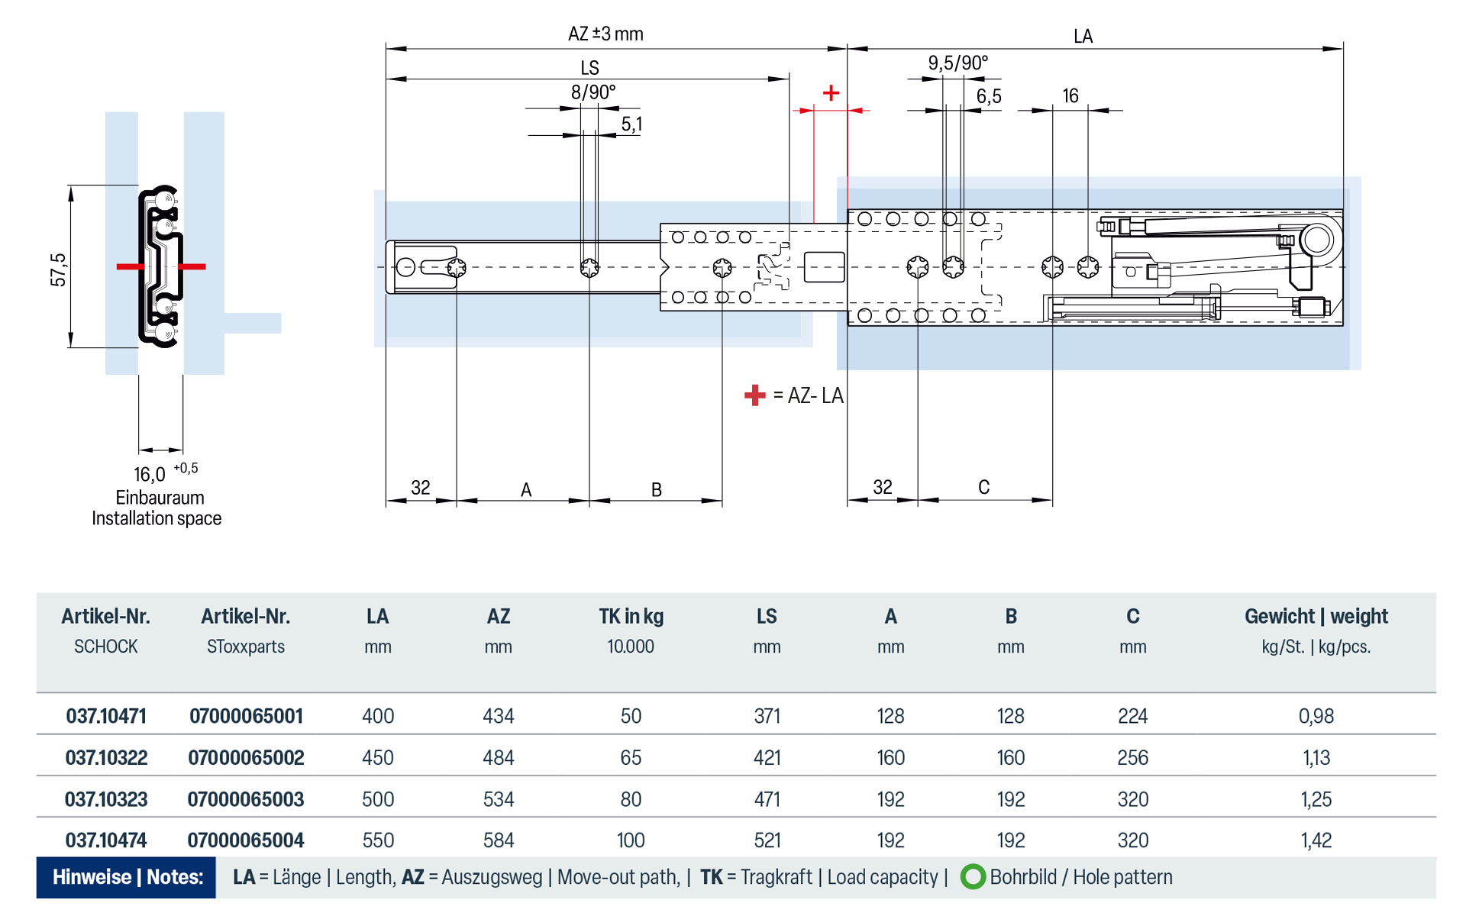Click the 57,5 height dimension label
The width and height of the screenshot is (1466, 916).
tap(58, 269)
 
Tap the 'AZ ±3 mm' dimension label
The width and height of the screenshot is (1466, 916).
tap(605, 34)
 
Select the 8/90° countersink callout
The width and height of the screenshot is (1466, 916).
tap(593, 92)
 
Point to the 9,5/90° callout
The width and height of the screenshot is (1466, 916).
tap(957, 63)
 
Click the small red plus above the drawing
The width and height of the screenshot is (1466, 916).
tap(831, 93)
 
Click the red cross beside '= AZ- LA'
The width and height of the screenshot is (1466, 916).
tap(754, 395)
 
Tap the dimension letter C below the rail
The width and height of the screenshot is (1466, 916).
tap(983, 487)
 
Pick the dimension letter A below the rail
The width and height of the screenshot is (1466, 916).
tap(526, 490)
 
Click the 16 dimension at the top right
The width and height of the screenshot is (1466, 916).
tap(1070, 95)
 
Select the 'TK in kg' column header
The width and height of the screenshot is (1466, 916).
tap(631, 617)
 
